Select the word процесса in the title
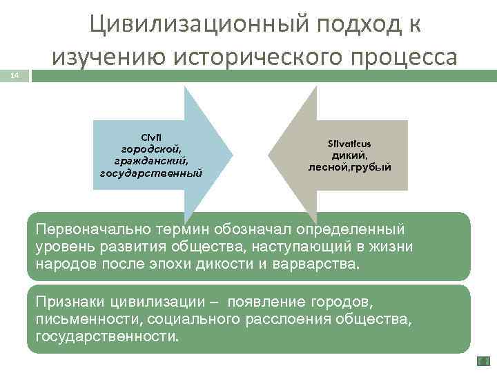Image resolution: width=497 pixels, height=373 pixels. [x=405, y=56]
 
